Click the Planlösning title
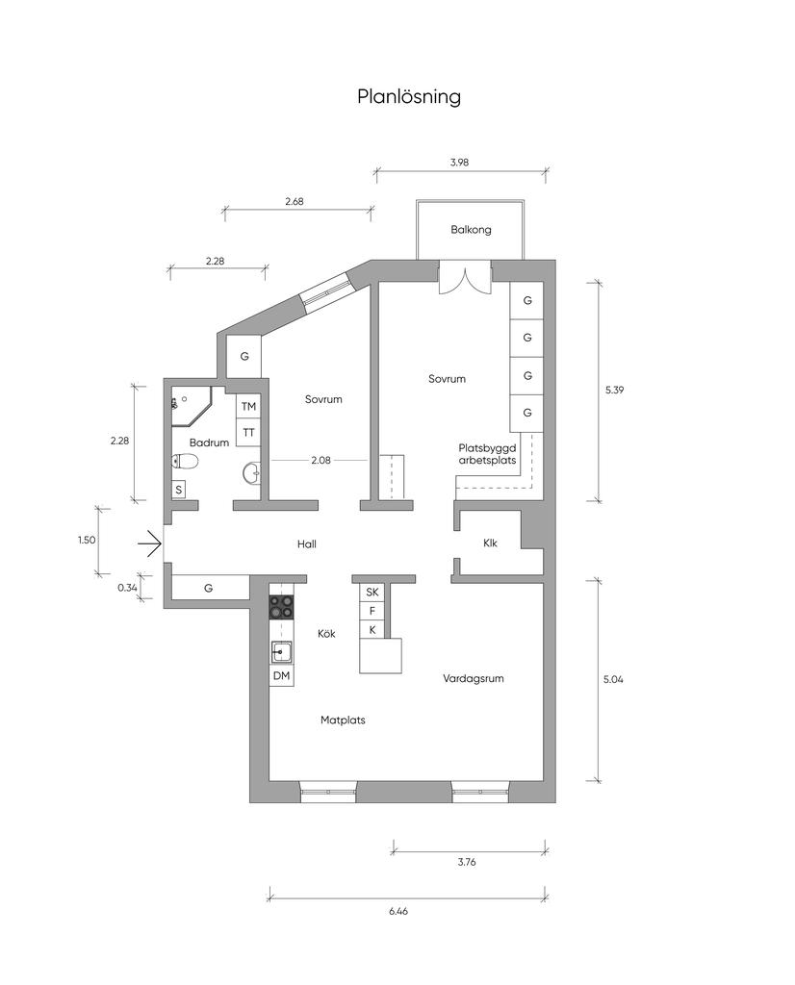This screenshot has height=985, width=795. coord(409,97)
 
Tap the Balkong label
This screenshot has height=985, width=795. coord(471,230)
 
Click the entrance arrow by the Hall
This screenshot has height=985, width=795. coord(151,543)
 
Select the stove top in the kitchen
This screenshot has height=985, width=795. coord(282,607)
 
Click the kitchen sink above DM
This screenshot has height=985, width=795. coord(282,653)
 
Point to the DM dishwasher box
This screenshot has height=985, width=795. coord(282,676)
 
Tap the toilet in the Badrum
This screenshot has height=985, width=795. coord(185,463)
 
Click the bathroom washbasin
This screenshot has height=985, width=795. coord(251,473)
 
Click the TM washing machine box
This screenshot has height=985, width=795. coord(249,407)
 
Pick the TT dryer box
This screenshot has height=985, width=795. coord(249,433)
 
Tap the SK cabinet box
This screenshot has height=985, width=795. coord(372,592)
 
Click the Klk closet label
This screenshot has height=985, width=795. coord(490,543)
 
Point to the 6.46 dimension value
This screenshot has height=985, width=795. coord(398,911)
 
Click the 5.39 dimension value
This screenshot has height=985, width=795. coord(615,391)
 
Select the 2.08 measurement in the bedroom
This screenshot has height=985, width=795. coord(321,461)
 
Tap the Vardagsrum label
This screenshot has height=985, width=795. coord(474,678)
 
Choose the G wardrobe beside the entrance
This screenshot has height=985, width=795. coord(208,588)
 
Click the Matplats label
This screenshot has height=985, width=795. coord(343,720)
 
